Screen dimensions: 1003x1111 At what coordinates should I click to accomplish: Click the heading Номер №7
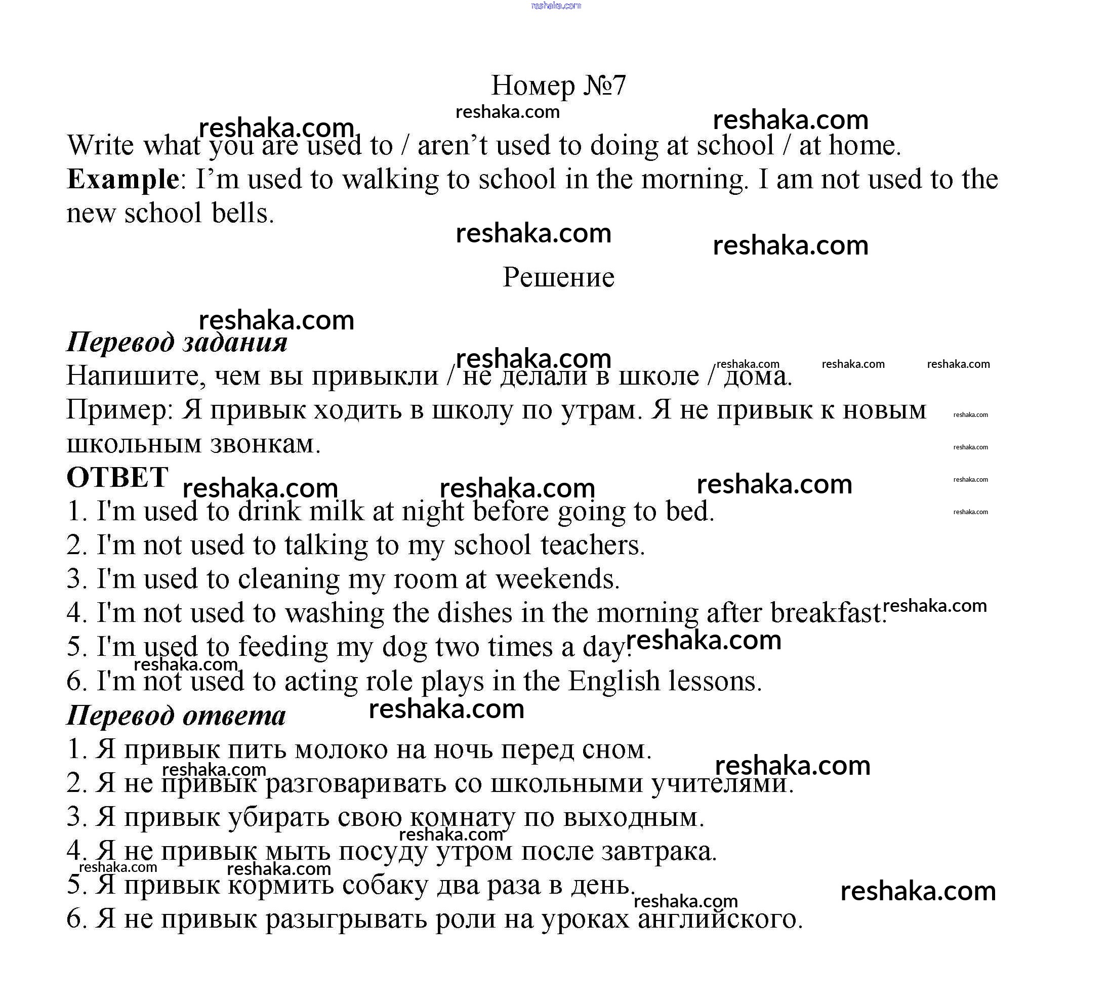558,86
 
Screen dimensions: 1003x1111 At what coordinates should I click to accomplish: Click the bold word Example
122,180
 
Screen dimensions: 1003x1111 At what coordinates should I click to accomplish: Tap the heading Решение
558,277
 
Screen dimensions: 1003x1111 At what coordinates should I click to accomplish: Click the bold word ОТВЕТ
117,477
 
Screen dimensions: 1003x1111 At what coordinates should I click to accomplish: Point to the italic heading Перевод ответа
176,716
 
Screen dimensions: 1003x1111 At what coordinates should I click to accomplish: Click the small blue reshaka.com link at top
556,6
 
